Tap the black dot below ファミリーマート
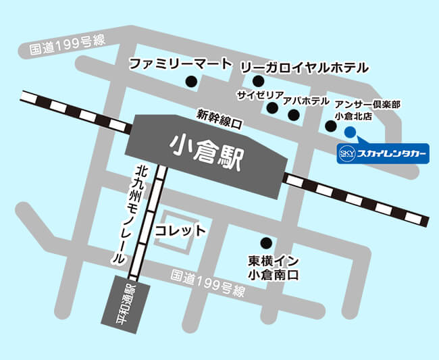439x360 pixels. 192,82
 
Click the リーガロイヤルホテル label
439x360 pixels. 304,67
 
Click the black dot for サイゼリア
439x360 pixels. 272,107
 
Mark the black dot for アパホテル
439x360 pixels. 292,115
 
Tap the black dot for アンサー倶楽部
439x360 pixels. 330,126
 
